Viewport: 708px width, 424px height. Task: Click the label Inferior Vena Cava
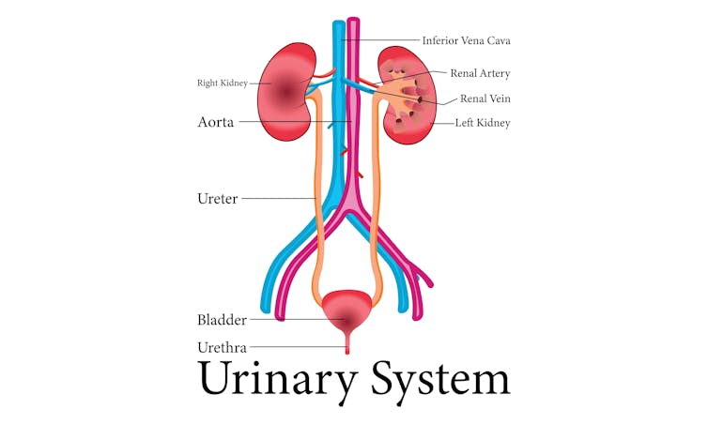point(466,41)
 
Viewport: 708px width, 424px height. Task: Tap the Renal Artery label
point(480,73)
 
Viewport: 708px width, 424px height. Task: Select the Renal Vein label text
point(485,98)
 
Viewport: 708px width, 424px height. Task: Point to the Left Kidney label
point(482,123)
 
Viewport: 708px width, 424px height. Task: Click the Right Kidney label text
point(222,83)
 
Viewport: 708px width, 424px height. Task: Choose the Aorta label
point(215,122)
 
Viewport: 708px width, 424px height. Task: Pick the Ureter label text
point(217,199)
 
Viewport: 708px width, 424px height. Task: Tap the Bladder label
point(222,320)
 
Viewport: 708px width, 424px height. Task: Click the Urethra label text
point(222,348)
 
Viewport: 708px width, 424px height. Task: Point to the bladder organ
point(348,309)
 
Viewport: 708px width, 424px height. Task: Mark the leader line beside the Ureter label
point(277,198)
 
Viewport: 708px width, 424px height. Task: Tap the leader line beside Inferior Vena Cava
point(390,41)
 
